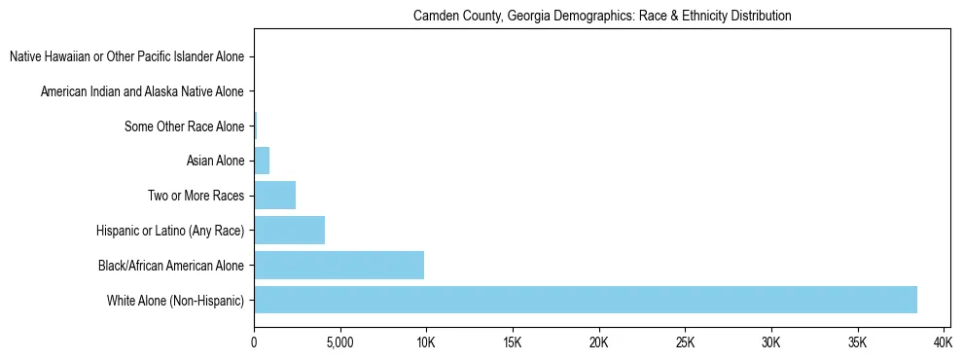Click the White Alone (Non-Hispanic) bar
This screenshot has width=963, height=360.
pyautogui.click(x=585, y=300)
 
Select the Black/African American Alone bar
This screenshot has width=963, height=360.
pyautogui.click(x=339, y=265)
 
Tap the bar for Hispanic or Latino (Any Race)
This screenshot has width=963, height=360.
pyautogui.click(x=289, y=231)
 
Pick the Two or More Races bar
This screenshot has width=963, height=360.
pyautogui.click(x=274, y=196)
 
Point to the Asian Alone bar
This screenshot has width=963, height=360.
pyautogui.click(x=262, y=161)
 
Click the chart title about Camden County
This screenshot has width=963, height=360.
pyautogui.click(x=602, y=17)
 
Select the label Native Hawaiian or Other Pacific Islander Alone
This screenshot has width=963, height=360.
pyautogui.click(x=127, y=57)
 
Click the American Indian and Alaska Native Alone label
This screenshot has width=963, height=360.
pyautogui.click(x=143, y=92)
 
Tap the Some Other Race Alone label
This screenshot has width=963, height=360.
pyautogui.click(x=185, y=126)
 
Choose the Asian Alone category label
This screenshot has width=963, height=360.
pyautogui.click(x=215, y=162)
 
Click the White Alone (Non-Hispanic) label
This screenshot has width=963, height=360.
pyautogui.click(x=176, y=300)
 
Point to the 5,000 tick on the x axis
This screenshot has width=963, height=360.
pyautogui.click(x=340, y=342)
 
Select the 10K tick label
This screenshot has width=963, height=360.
pyautogui.click(x=426, y=342)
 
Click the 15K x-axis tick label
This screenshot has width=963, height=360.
pyautogui.click(x=513, y=342)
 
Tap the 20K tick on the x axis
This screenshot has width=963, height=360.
pyautogui.click(x=599, y=342)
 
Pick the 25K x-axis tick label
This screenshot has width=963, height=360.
pyautogui.click(x=685, y=342)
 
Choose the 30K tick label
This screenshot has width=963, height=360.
pyautogui.click(x=771, y=342)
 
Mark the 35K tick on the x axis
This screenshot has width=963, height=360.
pyautogui.click(x=857, y=342)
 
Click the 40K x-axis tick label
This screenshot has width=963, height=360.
pyautogui.click(x=943, y=342)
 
